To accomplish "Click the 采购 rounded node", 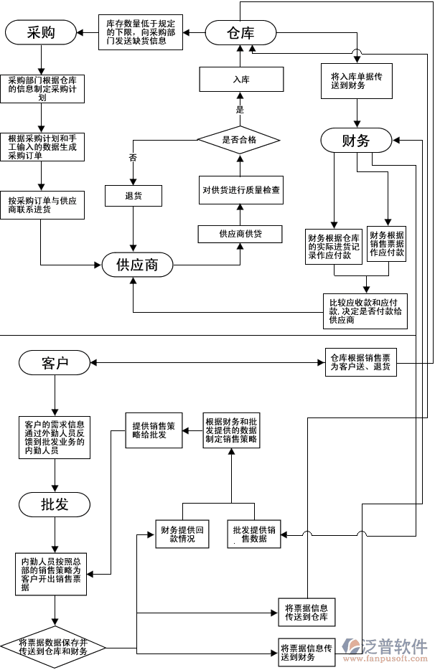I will click(x=41, y=32).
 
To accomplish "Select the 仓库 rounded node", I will click(x=240, y=32).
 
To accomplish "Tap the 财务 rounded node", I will click(x=356, y=140).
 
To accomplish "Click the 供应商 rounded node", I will click(x=137, y=265).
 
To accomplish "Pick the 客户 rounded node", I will click(x=55, y=363).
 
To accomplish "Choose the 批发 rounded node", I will click(x=55, y=504).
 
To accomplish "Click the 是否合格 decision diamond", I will click(x=239, y=139).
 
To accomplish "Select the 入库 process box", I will click(x=240, y=79).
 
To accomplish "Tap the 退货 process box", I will click(x=134, y=195).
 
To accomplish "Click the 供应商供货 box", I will click(x=240, y=234).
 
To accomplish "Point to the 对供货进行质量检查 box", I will click(x=240, y=191).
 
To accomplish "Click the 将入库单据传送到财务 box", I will click(x=357, y=80).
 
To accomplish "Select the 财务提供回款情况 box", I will click(x=182, y=534).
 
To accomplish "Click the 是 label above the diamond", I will click(x=240, y=110).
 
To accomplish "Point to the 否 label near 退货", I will click(x=133, y=157).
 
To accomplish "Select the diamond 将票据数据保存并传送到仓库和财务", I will click(x=53, y=647).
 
